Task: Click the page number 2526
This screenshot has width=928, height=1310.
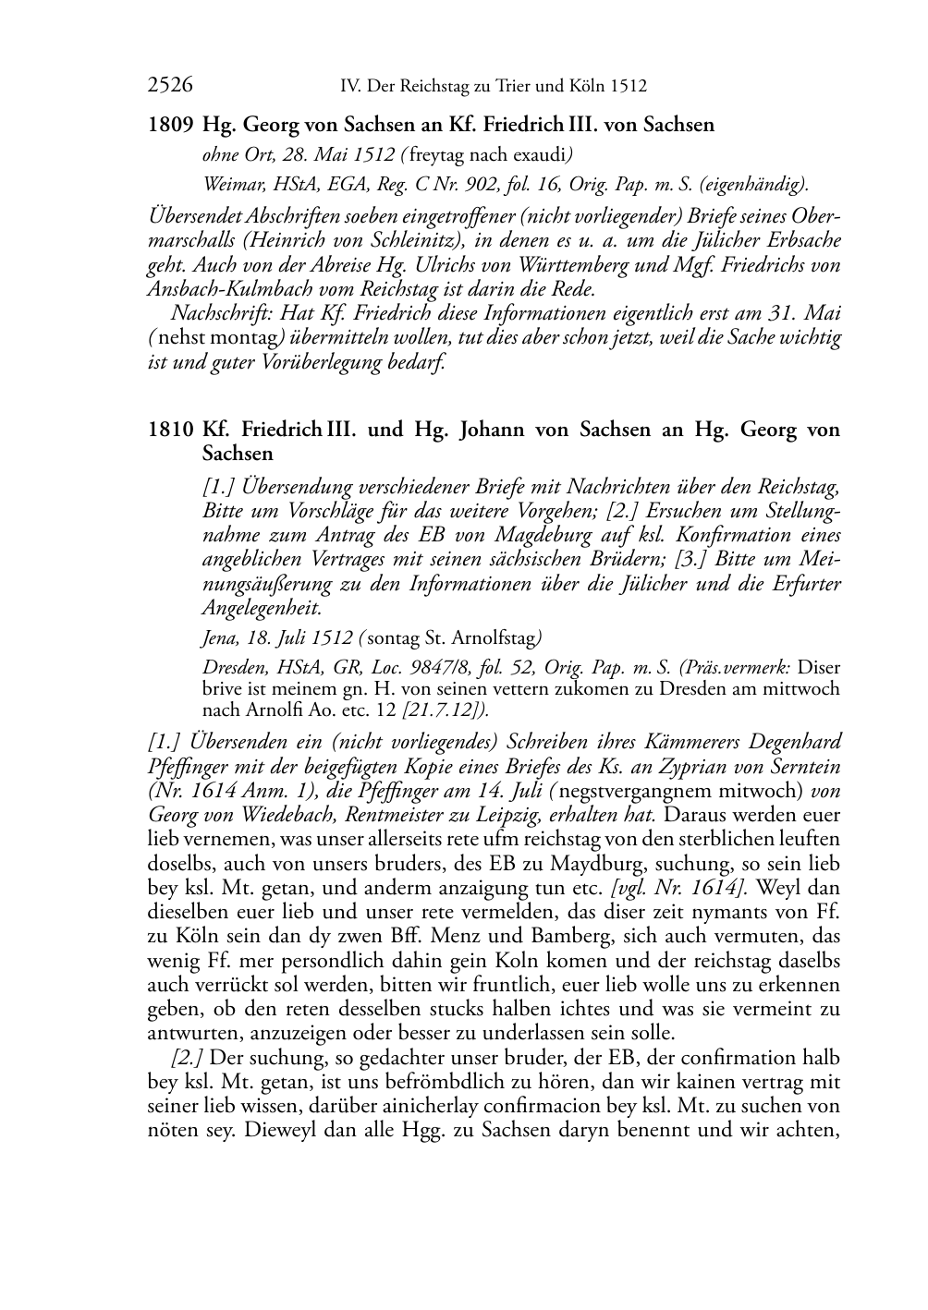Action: (x=170, y=86)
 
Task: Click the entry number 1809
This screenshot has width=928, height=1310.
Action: (x=170, y=124)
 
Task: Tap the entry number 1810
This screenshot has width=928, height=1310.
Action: (x=170, y=430)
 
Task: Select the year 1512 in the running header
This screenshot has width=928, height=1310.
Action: (x=629, y=87)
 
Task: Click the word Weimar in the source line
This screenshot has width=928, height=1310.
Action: (x=228, y=185)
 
